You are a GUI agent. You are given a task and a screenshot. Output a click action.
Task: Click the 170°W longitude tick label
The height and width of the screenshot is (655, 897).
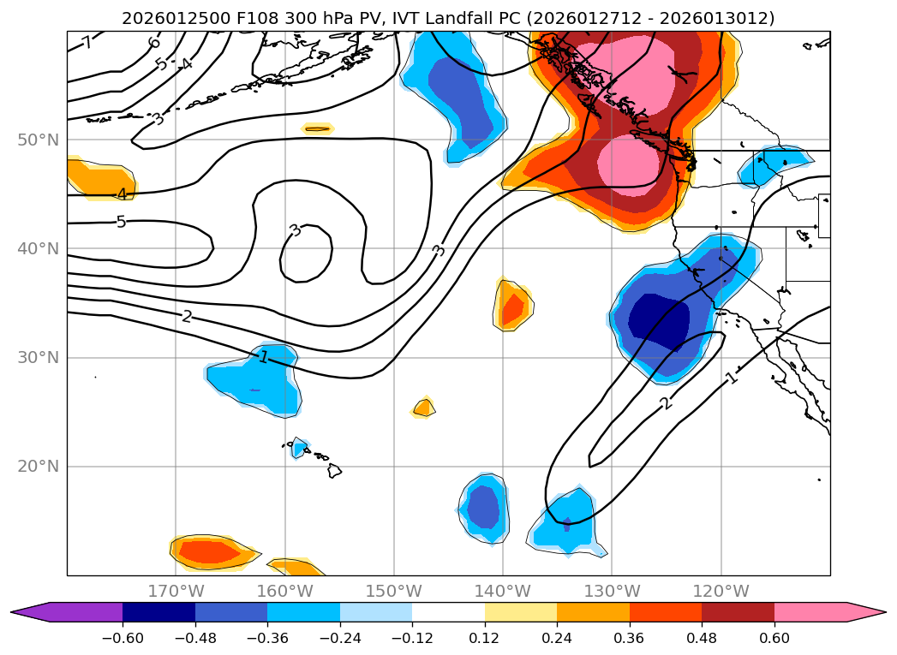tap(176, 591)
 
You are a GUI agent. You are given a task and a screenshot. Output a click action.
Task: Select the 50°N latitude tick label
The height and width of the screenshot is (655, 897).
tap(39, 140)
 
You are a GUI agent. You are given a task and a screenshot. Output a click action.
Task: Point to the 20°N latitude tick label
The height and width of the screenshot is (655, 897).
tap(39, 467)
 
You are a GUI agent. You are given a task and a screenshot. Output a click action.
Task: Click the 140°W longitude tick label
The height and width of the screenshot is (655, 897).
tap(503, 591)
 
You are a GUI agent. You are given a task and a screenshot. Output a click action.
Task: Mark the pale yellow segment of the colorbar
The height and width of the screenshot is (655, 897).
tap(520, 612)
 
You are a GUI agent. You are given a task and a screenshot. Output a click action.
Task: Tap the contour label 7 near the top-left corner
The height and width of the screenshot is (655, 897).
tap(87, 43)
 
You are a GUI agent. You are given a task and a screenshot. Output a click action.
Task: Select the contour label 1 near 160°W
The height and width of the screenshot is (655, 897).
tap(264, 356)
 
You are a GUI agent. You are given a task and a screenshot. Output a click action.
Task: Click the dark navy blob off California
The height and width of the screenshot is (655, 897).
tap(660, 323)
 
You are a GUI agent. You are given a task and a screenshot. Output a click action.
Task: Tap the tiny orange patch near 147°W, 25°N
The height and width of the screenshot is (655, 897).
tap(423, 408)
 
